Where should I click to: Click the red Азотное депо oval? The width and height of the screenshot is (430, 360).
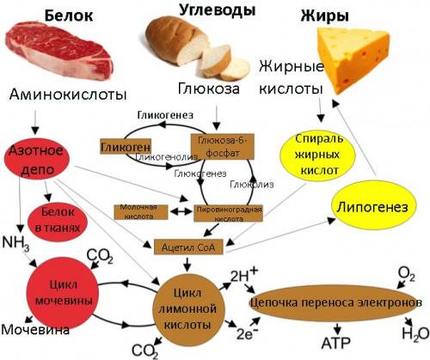35,156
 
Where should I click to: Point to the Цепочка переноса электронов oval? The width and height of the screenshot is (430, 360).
334,303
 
